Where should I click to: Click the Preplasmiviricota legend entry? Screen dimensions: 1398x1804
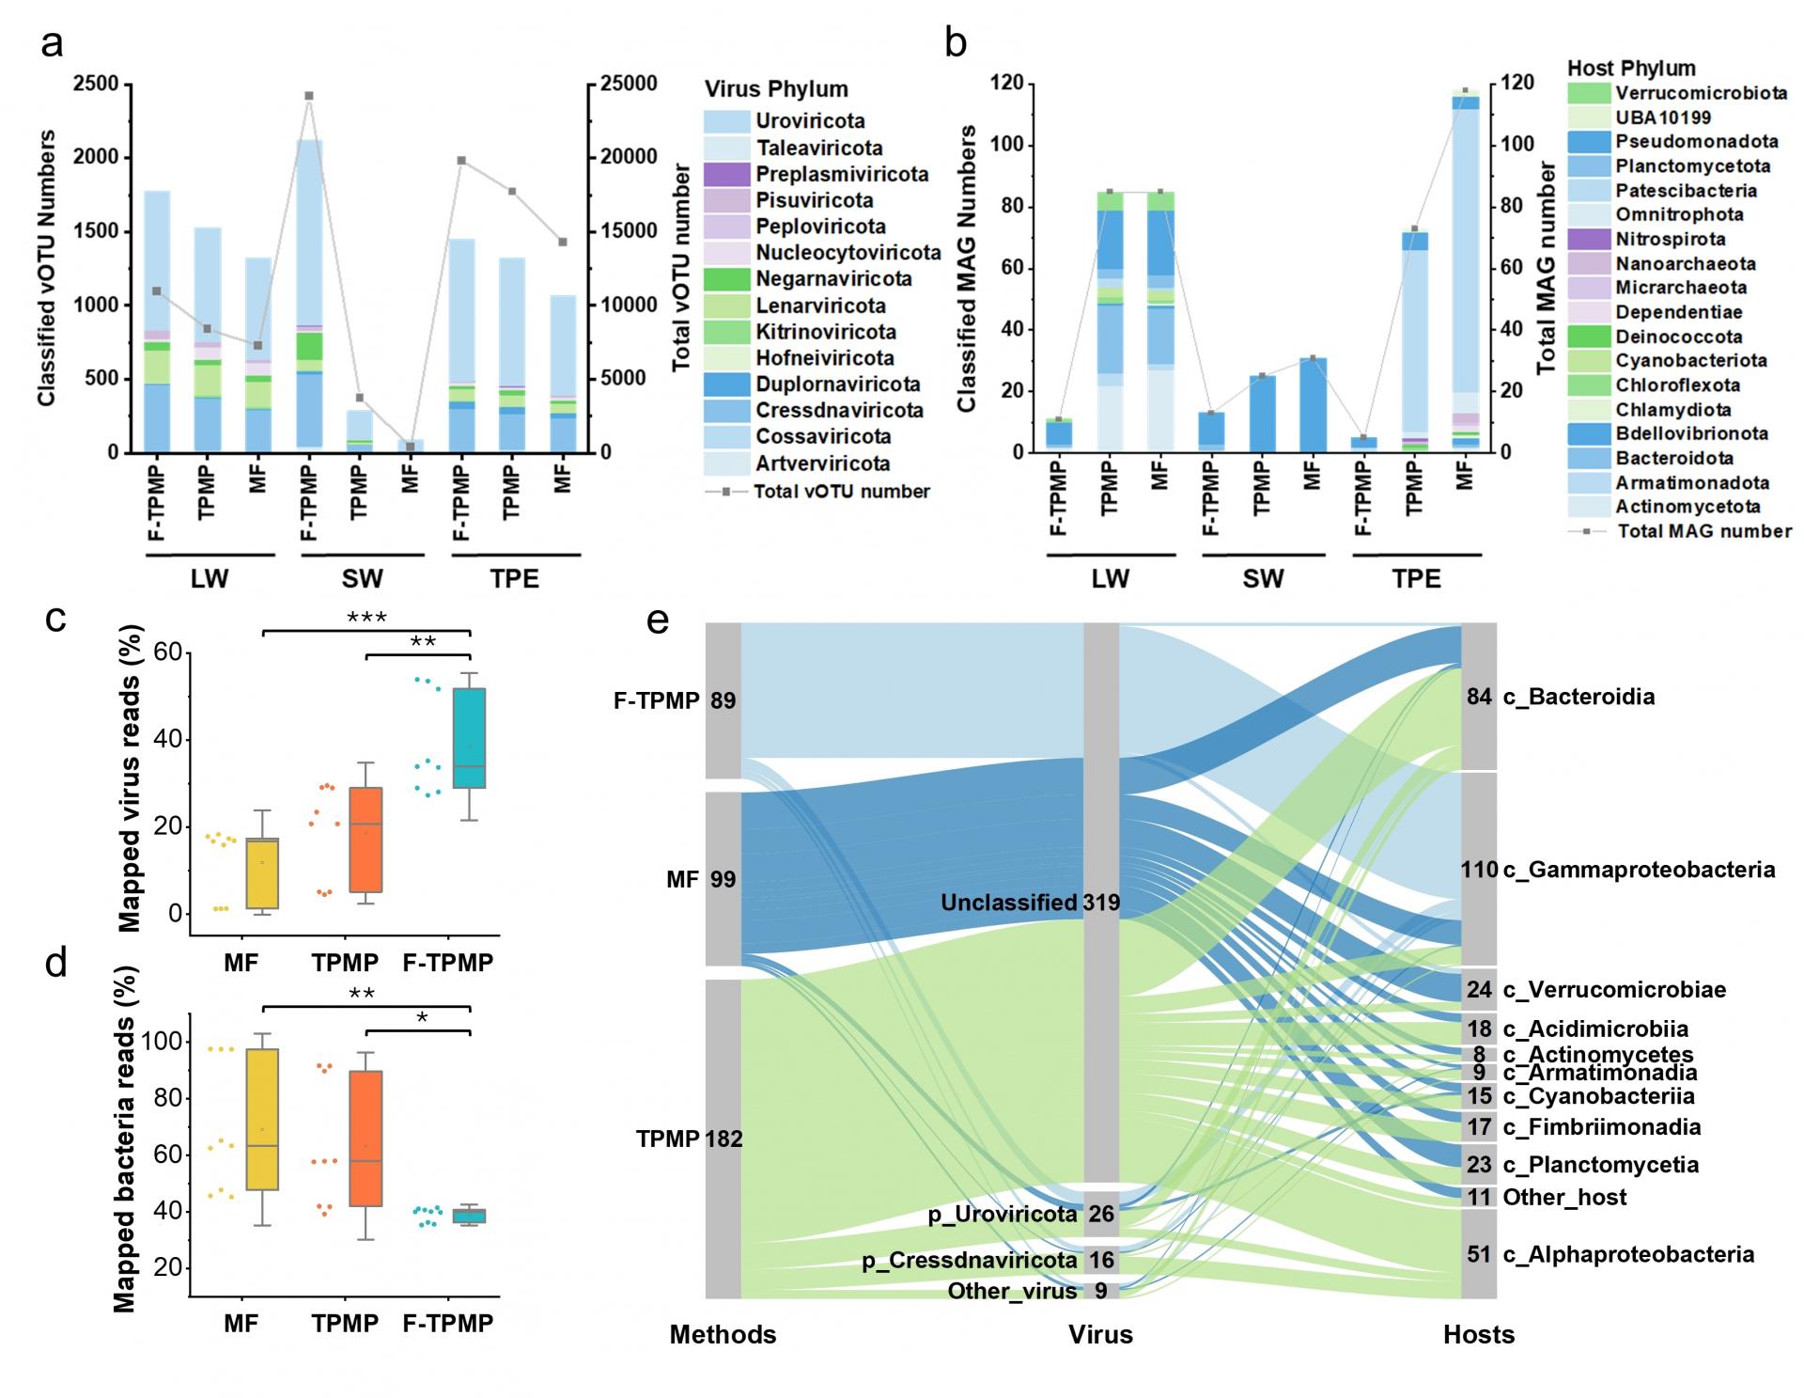click(x=842, y=174)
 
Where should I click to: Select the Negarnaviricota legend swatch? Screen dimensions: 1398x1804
click(x=727, y=279)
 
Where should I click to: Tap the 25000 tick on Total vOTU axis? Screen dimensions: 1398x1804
click(x=629, y=84)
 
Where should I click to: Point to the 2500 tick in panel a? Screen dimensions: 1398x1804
click(x=98, y=84)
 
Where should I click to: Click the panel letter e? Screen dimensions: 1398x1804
click(x=658, y=621)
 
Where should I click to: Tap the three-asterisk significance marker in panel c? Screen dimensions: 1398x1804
click(x=366, y=618)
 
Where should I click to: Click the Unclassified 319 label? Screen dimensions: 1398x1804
click(x=1030, y=903)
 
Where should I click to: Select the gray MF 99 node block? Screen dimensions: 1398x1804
click(x=723, y=879)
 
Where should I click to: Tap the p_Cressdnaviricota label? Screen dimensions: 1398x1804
click(x=969, y=1260)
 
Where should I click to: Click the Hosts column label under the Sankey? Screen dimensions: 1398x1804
click(x=1479, y=1335)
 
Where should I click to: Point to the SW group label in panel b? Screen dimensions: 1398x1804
click(x=1263, y=578)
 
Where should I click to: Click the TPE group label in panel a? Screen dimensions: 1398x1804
click(x=515, y=578)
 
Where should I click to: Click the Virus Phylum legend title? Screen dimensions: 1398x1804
click(x=776, y=89)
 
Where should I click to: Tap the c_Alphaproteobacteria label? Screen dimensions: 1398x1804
click(x=1628, y=1254)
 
